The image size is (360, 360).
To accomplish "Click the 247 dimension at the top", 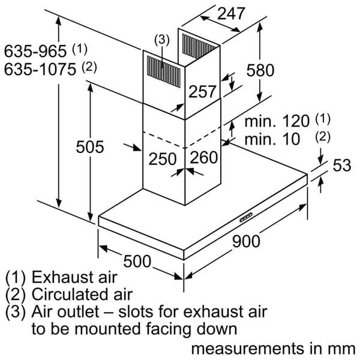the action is (x=231, y=14).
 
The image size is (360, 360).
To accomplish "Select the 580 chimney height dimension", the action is (x=260, y=70).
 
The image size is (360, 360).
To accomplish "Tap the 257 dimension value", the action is (x=202, y=91).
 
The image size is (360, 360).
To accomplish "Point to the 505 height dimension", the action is (x=90, y=147).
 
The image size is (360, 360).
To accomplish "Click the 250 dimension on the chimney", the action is (x=163, y=158).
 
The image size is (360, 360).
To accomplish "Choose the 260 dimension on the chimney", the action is (x=204, y=157).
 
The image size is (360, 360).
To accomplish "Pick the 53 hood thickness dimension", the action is (x=342, y=165).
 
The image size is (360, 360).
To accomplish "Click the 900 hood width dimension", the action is (x=246, y=241).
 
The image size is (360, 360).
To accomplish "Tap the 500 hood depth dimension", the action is (x=137, y=261).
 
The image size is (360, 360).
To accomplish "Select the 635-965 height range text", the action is (x=35, y=51).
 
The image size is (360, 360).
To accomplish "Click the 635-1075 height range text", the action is (x=40, y=69).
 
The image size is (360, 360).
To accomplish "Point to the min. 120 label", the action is (x=277, y=121).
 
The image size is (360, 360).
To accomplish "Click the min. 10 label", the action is (x=272, y=139).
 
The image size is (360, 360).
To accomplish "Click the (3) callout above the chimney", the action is (x=162, y=40).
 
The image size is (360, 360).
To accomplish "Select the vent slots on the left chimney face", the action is (x=164, y=71).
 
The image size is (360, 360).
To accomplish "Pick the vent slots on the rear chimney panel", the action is (x=197, y=46).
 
